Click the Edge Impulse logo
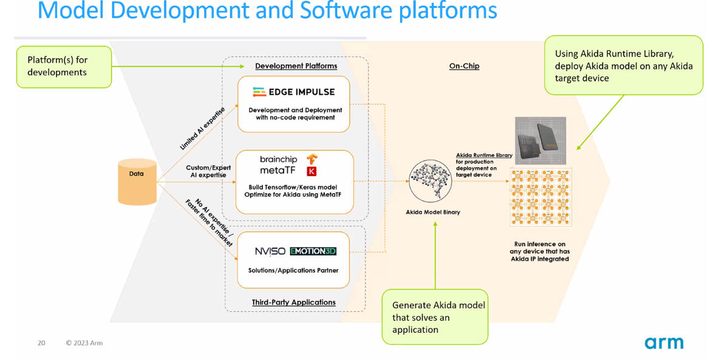point(293,92)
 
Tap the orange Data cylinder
point(137,182)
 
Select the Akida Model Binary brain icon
point(432,181)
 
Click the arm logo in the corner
point(664,343)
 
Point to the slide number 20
point(41,343)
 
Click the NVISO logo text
point(270,251)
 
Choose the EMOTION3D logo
point(313,251)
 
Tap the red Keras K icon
point(312,172)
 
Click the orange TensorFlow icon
point(311,159)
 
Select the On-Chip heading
point(464,66)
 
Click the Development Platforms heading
point(296,66)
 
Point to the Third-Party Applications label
point(293,302)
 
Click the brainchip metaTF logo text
point(278,165)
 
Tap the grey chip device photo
point(540,141)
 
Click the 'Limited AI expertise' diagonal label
point(203,128)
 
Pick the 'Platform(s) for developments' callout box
point(64,66)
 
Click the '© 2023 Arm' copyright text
point(84,343)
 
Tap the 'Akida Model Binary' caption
point(433,212)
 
